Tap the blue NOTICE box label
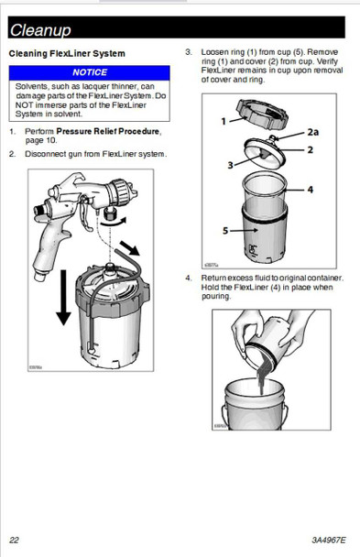coord(90,71)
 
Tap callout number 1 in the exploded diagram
coord(224,120)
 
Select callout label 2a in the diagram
coord(313,132)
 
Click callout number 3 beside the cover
coord(231,165)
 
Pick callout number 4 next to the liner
coord(311,190)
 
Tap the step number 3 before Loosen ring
coord(189,52)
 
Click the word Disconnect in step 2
coord(46,153)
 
